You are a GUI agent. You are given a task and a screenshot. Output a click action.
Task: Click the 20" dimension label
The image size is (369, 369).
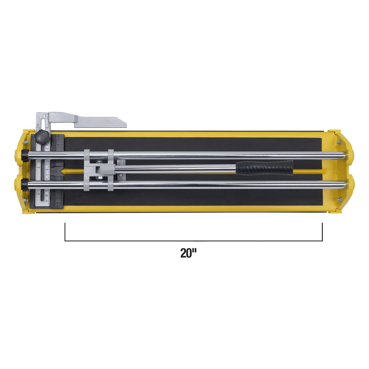(188, 253)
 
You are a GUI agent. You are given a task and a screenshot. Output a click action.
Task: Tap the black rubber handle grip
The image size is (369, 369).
(265, 168)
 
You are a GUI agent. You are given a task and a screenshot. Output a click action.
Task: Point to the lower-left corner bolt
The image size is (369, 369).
(25, 200)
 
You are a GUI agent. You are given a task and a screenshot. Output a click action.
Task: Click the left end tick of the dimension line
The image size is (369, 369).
(65, 232)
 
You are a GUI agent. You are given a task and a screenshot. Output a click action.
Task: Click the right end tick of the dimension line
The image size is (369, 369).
(322, 232)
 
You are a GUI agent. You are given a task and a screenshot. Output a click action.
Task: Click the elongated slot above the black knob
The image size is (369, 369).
(43, 123)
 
